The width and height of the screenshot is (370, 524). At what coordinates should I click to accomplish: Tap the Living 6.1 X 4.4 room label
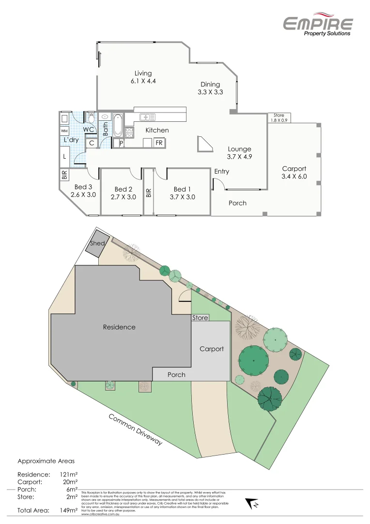[x=143, y=77]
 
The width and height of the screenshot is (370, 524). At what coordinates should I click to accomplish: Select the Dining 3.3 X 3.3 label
[x=210, y=88]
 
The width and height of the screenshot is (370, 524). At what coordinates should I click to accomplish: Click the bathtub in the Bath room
[x=118, y=125]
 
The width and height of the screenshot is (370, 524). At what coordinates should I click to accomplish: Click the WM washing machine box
[x=64, y=131]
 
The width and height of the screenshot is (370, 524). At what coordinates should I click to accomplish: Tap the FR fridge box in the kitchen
[x=159, y=143]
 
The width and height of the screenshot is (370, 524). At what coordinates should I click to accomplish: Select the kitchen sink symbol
[x=147, y=117]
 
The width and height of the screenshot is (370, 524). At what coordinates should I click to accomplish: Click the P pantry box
[x=121, y=143]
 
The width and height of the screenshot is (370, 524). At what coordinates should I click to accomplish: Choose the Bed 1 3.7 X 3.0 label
[x=184, y=193]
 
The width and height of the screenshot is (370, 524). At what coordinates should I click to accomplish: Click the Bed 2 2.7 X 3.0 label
[x=123, y=193]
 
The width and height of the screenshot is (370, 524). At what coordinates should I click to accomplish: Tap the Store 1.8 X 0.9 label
[x=278, y=117]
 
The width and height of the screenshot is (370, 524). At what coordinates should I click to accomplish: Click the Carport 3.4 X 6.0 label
[x=294, y=173]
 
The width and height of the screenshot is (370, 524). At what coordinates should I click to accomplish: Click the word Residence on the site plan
[x=119, y=327]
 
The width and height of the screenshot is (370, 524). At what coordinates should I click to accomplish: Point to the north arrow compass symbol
[x=252, y=504]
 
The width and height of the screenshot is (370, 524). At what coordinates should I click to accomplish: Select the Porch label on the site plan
[x=176, y=375]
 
